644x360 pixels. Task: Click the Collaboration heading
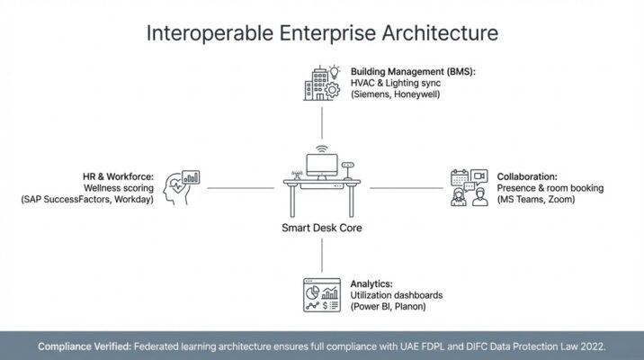527,175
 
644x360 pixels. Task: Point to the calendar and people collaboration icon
467,188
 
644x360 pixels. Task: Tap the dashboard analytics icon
321,294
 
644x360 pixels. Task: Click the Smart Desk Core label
322,228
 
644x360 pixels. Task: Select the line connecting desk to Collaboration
407,188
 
